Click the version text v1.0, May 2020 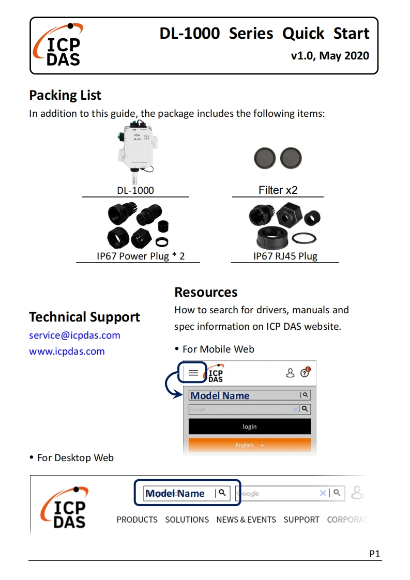(x=330, y=55)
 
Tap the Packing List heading (x=65, y=95)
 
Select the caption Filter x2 (x=278, y=190)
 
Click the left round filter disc (x=265, y=158)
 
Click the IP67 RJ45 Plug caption (x=285, y=256)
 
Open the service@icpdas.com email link (x=74, y=335)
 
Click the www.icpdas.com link (x=67, y=351)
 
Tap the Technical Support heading (x=84, y=317)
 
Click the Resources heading (x=206, y=292)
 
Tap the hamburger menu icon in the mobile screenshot (x=193, y=372)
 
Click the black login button (x=250, y=426)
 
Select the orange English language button (x=250, y=445)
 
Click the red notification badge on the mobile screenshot (x=308, y=369)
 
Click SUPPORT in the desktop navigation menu (x=301, y=520)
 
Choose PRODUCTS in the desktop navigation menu (x=137, y=520)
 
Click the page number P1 (x=375, y=554)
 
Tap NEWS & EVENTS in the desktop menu (x=246, y=520)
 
